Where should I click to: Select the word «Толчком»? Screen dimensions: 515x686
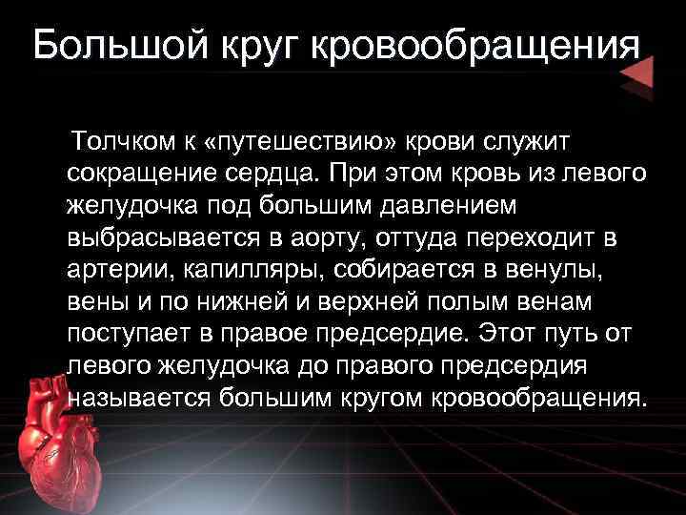(x=120, y=142)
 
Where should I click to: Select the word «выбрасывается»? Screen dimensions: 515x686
(x=166, y=237)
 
